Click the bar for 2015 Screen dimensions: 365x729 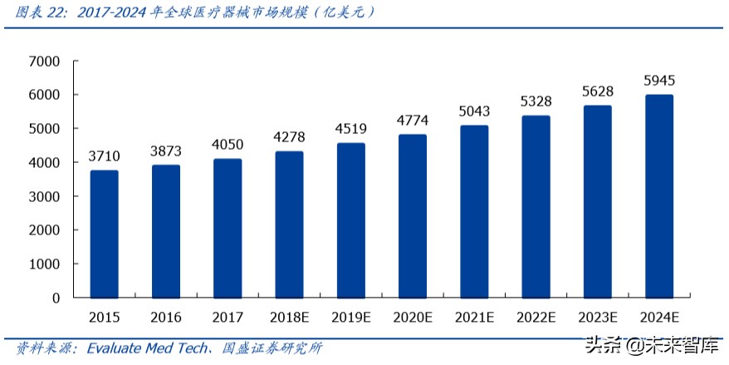tap(105, 234)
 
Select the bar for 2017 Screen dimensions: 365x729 tap(228, 228)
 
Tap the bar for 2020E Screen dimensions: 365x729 tap(413, 215)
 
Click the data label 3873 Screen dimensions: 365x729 tap(166, 151)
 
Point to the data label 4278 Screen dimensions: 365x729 tap(289, 137)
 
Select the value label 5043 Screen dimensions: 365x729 tap(474, 111)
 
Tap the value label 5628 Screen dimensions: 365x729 tap(598, 91)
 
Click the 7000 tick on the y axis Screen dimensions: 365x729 tap(44, 62)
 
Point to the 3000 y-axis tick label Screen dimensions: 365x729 tap(44, 196)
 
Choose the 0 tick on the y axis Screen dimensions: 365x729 tap(56, 298)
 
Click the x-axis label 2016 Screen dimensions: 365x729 tap(166, 317)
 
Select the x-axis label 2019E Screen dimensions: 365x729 tap(351, 317)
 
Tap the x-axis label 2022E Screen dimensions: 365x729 tap(536, 317)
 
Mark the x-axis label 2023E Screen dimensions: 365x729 tap(598, 317)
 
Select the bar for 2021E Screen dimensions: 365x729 tap(474, 211)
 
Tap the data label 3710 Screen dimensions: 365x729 tap(105, 156)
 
